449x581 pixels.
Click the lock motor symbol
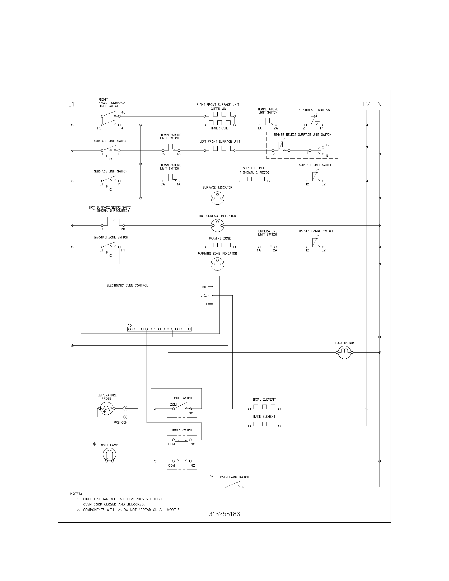point(344,352)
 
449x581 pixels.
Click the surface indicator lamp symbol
point(217,198)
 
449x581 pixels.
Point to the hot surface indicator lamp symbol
point(217,226)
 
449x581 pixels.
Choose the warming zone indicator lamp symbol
point(217,264)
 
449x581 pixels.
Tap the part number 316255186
point(224,514)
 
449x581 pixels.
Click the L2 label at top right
point(366,104)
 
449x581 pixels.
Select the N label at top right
point(380,104)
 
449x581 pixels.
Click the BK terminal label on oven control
point(204,287)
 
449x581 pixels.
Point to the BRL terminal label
point(203,295)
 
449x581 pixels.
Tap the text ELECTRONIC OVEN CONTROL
point(127,285)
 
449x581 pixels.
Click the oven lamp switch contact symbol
point(234,486)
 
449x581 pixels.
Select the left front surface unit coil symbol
point(219,149)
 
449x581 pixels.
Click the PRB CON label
point(120,423)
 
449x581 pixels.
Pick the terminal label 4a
point(123,113)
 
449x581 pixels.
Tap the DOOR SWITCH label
point(182,430)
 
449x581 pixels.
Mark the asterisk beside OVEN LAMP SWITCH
point(212,476)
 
